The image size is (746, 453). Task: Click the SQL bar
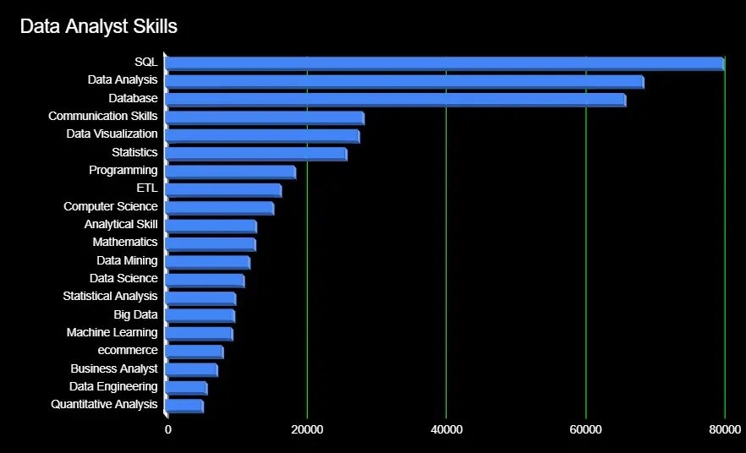tap(444, 63)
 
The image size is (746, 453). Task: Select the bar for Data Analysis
tap(404, 81)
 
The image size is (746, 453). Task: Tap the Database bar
tap(395, 100)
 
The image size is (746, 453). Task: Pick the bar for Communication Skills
tap(265, 117)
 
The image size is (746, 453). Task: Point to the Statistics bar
tap(256, 154)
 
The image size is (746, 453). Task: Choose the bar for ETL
tap(223, 189)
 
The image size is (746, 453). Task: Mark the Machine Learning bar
tap(199, 334)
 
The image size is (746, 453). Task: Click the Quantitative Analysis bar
tap(184, 406)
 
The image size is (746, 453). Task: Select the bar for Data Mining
tap(207, 262)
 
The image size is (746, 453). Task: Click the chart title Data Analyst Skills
tap(98, 26)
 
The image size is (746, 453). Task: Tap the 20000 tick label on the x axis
tap(307, 429)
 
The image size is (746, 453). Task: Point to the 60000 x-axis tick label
tap(585, 429)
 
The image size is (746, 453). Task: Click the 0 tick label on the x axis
tap(168, 429)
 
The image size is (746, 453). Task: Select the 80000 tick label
tap(725, 429)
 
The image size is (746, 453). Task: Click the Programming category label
tap(123, 170)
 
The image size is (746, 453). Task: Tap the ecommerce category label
tap(128, 351)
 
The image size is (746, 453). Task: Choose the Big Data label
tap(135, 314)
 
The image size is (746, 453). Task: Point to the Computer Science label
tap(110, 206)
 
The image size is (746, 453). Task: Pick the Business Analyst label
tap(114, 368)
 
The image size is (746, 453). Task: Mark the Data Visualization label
tap(112, 134)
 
